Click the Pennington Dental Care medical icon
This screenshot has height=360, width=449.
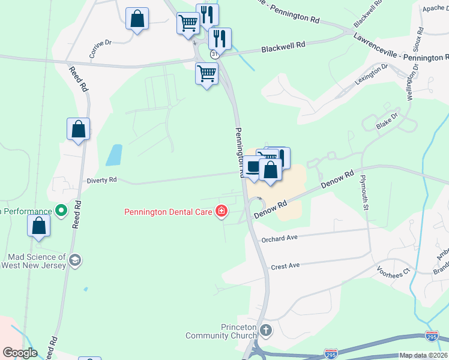point(222,211)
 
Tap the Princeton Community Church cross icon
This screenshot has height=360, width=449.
point(266,329)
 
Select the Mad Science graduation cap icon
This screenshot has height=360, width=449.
point(75,260)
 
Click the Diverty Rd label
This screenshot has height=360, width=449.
point(101,179)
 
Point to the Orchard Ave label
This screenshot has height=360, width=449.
point(280,238)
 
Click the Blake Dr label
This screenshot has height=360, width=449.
point(387,121)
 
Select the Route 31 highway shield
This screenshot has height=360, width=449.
point(214,54)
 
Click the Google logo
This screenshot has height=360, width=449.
point(19,353)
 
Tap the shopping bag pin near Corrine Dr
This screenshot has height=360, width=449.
point(137,19)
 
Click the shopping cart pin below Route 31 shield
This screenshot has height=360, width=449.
point(206,74)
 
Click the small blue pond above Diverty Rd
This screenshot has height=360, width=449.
point(113,155)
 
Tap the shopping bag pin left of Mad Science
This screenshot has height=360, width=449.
point(39,226)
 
